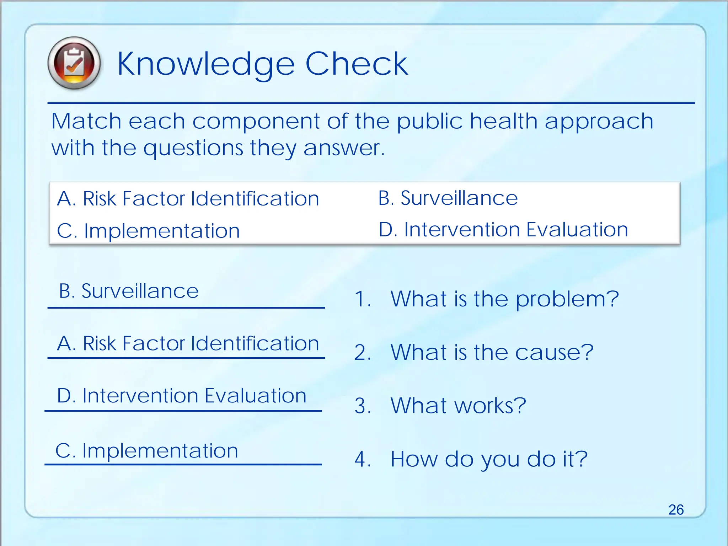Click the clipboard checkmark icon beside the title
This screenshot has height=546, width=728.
(x=74, y=63)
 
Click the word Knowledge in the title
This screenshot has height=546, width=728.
(x=206, y=64)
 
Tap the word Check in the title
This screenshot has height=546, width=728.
(x=357, y=64)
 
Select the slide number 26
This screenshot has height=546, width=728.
(x=676, y=510)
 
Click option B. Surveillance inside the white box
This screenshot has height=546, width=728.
(x=448, y=198)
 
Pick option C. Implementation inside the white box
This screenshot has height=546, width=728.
(x=148, y=231)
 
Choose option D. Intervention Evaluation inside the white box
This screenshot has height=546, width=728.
(x=503, y=230)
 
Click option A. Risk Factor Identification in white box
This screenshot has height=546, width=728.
(x=188, y=198)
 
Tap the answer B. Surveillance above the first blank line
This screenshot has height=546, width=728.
(x=129, y=291)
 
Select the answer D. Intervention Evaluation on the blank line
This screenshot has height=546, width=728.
(x=182, y=396)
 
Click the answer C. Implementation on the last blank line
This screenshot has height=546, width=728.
(x=146, y=451)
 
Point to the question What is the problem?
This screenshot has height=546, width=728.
(x=504, y=299)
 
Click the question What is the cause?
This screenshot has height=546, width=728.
(x=492, y=352)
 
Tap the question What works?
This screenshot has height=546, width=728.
(x=458, y=406)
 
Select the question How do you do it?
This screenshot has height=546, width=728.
(x=489, y=459)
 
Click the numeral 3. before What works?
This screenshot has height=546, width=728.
(x=363, y=406)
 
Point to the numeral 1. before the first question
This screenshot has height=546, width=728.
(x=363, y=299)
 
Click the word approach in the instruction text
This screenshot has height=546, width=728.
(x=599, y=122)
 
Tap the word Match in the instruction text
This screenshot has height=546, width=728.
(x=86, y=121)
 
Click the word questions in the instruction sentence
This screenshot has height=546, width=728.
(x=193, y=148)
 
